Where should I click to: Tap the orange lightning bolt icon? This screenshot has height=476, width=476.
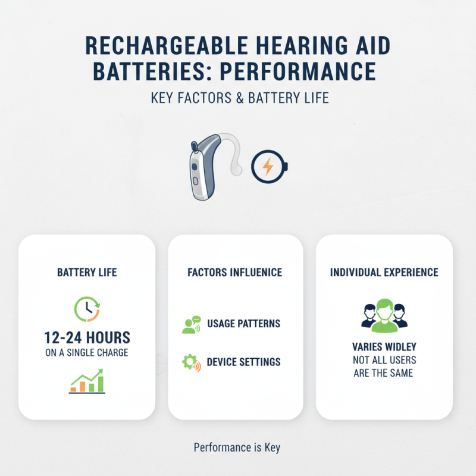(x=268, y=167)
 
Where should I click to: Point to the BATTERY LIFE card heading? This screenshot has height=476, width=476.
(x=87, y=273)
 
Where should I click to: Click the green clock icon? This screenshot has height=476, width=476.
(x=87, y=308)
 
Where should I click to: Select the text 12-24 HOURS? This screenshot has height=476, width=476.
(x=87, y=338)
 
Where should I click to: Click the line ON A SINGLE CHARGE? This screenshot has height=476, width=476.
(x=87, y=353)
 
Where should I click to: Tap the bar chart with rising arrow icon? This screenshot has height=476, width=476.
(x=87, y=381)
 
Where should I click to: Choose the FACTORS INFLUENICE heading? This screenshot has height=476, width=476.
(x=234, y=273)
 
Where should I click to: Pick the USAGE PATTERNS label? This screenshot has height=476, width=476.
(x=244, y=324)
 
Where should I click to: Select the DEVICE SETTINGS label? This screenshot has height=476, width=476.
(x=244, y=362)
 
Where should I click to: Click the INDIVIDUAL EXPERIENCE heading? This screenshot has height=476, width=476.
(x=384, y=273)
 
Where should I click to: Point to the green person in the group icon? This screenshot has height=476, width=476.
(x=384, y=316)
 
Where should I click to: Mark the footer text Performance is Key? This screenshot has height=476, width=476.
(x=237, y=447)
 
